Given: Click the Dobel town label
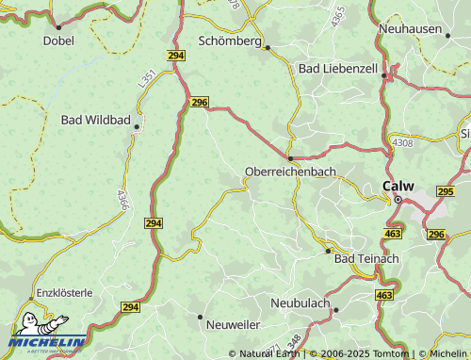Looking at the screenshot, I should pyautogui.click(x=58, y=41).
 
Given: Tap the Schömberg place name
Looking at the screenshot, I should pyautogui.click(x=230, y=41).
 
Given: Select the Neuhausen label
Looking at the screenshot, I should pyautogui.click(x=410, y=29).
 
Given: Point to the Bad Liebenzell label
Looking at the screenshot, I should pyautogui.click(x=337, y=69).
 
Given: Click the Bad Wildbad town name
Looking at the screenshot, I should pyautogui.click(x=96, y=120).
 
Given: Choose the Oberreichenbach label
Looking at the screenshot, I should pyautogui.click(x=290, y=172).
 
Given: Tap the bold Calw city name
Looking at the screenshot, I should pyautogui.click(x=398, y=186).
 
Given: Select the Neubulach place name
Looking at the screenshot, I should pyautogui.click(x=300, y=303).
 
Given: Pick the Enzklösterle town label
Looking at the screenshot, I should pyautogui.click(x=64, y=293).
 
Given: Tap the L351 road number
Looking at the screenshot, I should pyautogui.click(x=147, y=79).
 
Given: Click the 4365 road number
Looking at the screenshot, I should pyautogui.click(x=337, y=16).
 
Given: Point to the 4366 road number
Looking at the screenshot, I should pyautogui.click(x=122, y=199).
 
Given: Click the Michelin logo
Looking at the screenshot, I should pyautogui.click(x=47, y=333).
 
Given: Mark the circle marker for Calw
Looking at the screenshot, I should pyautogui.click(x=398, y=200).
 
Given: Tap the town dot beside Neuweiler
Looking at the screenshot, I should pyautogui.click(x=200, y=316).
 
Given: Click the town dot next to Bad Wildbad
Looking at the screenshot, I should pyautogui.click(x=138, y=125).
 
